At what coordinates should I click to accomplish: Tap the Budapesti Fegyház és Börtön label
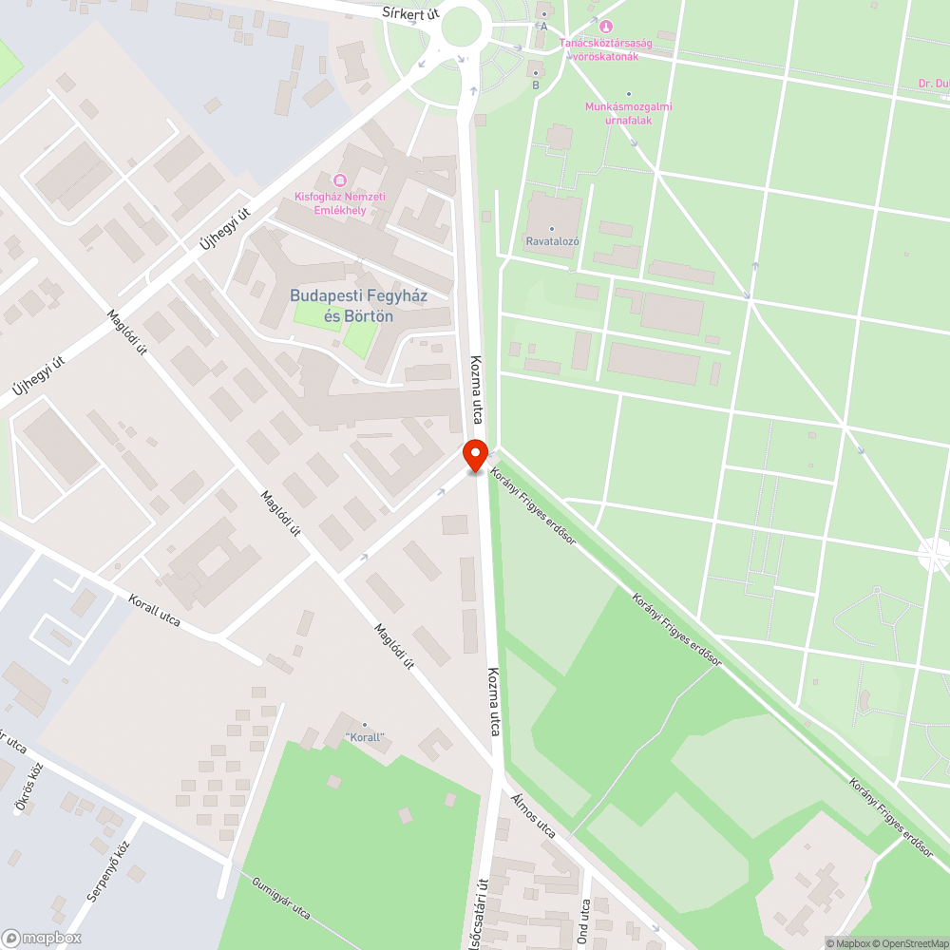coord(358,306)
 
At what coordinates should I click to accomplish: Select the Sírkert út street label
coord(410,13)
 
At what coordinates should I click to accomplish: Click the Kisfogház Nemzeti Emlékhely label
coord(339,203)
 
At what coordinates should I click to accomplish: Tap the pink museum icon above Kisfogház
coord(339,180)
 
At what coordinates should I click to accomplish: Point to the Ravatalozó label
coord(553,241)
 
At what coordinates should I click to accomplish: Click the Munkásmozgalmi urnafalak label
coord(628,112)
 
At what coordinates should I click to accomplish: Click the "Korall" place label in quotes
coord(364,737)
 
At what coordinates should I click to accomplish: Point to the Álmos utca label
coord(533,816)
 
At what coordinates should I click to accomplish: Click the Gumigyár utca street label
coord(281,898)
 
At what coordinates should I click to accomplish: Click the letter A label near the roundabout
coord(544,27)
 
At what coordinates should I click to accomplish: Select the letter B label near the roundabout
coord(536,85)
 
